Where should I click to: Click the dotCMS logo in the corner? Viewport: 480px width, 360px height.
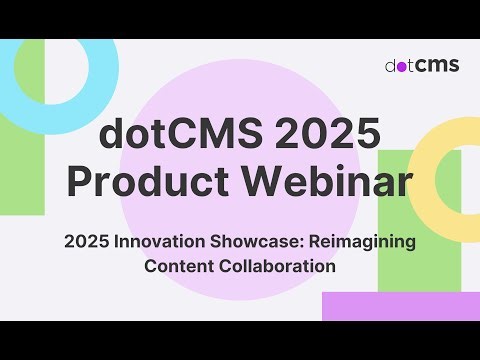(422, 65)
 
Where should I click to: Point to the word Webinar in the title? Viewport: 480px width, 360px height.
(321, 183)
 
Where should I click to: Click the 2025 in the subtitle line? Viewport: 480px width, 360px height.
(84, 242)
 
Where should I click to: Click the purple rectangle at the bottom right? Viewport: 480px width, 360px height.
(400, 306)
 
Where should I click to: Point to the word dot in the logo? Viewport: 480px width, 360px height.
(401, 65)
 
